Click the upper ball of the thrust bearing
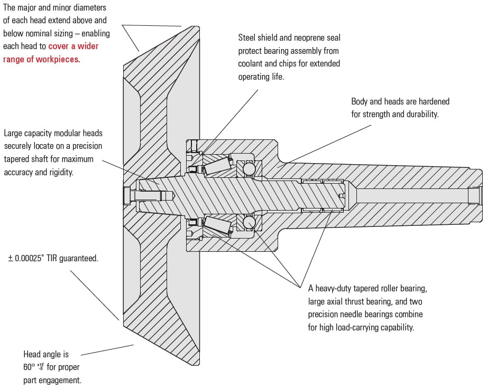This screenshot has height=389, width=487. point(249,169)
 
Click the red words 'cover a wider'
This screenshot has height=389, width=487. point(73,46)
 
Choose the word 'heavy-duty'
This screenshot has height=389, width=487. point(335,289)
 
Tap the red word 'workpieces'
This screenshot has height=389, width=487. point(57,59)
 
